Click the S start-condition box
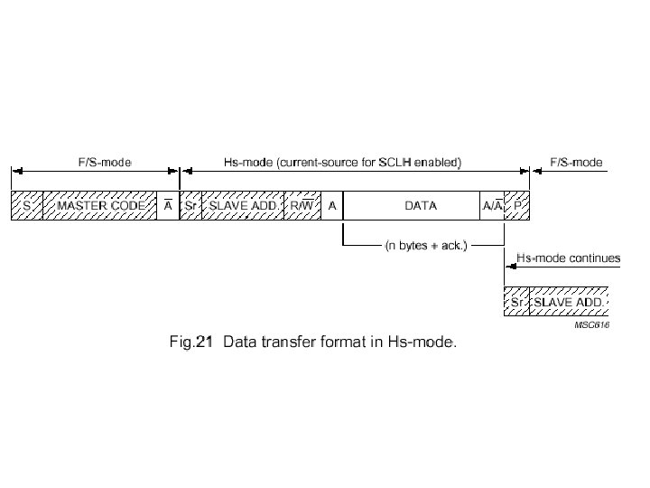coord(26,206)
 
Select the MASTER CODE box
coord(100,206)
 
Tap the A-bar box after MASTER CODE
coord(169,206)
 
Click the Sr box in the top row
coord(190,206)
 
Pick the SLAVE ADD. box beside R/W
coord(242,206)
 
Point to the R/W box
coord(302,206)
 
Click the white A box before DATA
coord(332,206)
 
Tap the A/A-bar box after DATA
coord(493,206)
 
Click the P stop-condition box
coord(517,206)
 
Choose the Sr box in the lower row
coord(516,301)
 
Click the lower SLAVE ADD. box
coord(569,301)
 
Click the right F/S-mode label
coord(575,163)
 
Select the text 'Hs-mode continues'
coord(568,258)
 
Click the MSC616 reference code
coord(591,326)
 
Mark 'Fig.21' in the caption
coord(190,343)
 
